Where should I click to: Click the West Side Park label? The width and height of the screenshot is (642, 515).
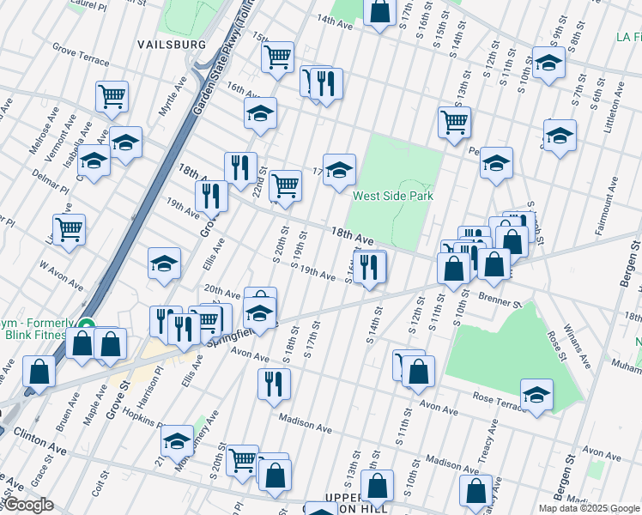coord(392,196)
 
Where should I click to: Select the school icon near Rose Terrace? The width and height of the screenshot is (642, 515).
coord(536,396)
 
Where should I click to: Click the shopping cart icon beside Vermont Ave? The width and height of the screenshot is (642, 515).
coord(112,98)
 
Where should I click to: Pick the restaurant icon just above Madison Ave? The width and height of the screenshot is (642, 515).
coord(274,385)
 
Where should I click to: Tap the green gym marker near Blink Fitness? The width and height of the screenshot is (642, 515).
coord(86,325)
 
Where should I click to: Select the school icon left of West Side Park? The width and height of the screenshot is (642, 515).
coord(339,170)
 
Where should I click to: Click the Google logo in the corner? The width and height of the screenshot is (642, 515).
coord(27,505)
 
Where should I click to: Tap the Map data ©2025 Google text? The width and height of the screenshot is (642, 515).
coord(589,508)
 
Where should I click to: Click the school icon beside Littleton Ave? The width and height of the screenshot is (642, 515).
coord(560,136)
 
